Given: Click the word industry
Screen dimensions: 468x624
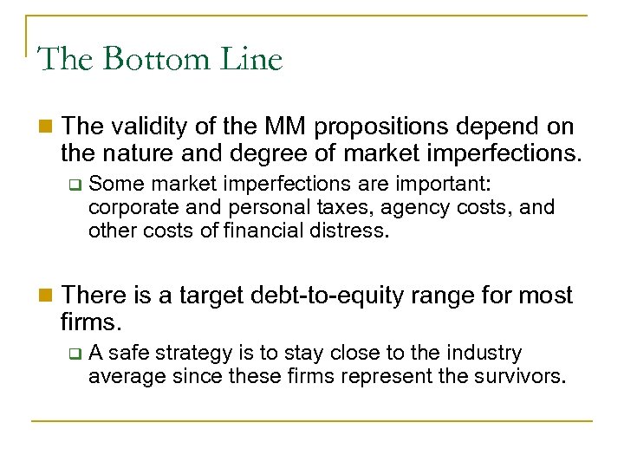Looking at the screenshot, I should point(488,354).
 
